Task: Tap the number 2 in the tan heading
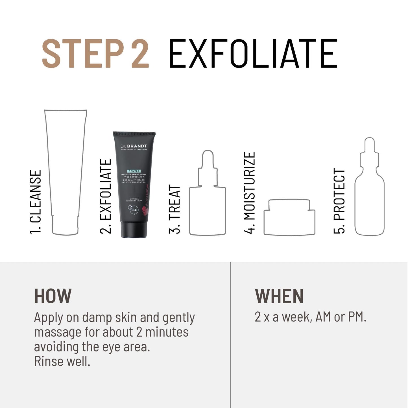(x=140, y=54)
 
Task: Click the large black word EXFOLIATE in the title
(x=253, y=54)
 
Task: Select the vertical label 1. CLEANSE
(x=36, y=202)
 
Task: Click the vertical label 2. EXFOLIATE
(x=106, y=196)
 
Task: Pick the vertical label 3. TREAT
(x=174, y=209)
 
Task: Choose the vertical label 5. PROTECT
(x=339, y=201)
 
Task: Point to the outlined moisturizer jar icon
(x=289, y=217)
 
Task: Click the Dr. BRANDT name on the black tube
(x=134, y=146)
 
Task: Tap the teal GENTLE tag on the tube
(x=134, y=171)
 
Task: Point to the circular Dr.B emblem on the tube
(x=134, y=210)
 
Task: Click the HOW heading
(x=53, y=296)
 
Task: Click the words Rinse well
(x=62, y=361)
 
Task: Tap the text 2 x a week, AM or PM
(x=310, y=317)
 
